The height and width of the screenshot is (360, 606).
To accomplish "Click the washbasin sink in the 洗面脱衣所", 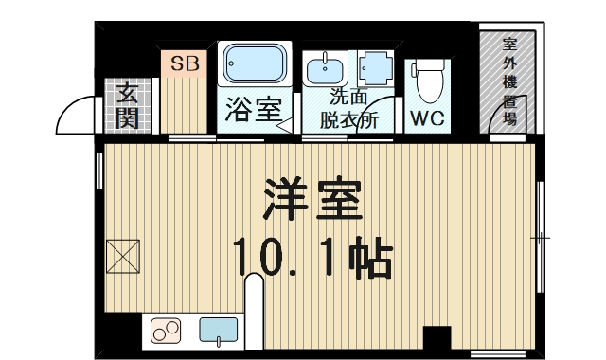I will coord(328,70).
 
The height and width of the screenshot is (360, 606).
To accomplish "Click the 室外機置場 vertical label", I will coord(508,82).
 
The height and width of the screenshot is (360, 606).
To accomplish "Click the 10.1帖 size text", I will coord(312,257).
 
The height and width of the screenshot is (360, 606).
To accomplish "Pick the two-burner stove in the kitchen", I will coord(168,332).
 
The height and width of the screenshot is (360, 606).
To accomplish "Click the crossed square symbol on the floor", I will coord(123,254).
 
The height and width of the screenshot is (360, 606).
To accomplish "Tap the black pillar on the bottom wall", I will coord(437,337).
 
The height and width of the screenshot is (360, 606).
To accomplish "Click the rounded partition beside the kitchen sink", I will coord(254,313).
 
